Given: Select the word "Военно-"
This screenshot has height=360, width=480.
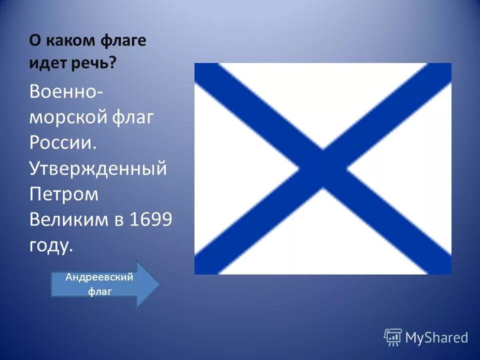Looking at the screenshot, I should (x=65, y=91).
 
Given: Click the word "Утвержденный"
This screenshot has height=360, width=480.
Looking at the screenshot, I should (x=98, y=168).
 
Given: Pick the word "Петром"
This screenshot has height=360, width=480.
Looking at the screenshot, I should (x=64, y=194).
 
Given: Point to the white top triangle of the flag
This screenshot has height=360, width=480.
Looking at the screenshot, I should (x=322, y=100).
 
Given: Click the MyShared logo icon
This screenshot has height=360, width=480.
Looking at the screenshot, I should (x=392, y=337).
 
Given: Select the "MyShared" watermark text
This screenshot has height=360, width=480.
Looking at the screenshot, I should (x=436, y=338).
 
